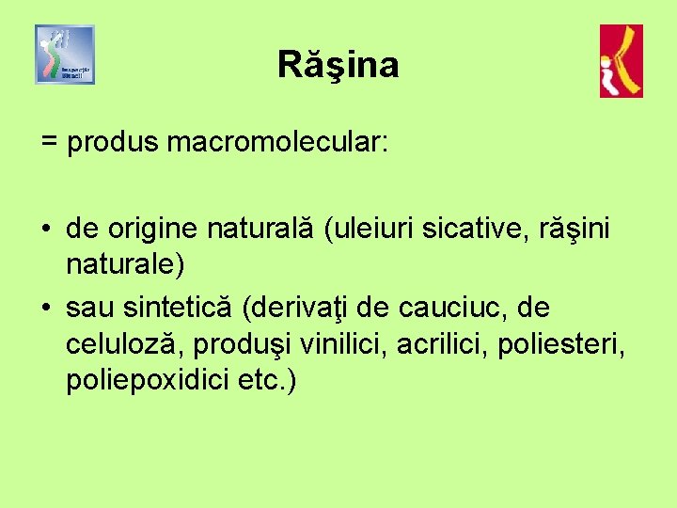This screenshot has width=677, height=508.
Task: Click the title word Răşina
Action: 338,66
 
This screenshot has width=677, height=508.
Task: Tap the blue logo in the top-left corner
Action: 65,55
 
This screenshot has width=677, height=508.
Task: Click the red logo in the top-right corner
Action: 622,61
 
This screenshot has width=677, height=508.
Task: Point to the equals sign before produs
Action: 50,144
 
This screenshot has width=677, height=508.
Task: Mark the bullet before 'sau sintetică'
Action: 47,308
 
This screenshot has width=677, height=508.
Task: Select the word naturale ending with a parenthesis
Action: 125,264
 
